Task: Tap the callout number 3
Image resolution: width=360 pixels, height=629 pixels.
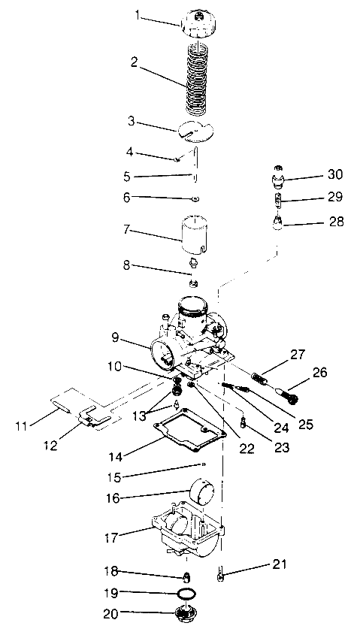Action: click(132, 121)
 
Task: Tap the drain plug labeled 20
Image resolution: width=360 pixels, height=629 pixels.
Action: click(181, 612)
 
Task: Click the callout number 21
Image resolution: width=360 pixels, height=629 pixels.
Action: click(280, 563)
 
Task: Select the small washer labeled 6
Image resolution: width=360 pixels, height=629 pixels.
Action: click(194, 198)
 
